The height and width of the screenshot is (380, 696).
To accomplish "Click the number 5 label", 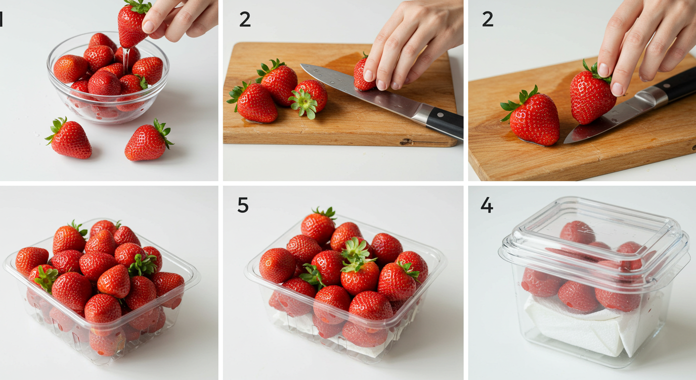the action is coord(243,205).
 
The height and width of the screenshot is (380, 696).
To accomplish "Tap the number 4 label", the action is coord(487,205).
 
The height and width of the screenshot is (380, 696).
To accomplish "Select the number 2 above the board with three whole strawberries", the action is coord(245,19).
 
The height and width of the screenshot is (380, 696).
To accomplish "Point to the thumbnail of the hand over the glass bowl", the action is coord(148,26).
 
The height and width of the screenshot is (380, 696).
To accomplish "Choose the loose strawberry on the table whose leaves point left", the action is coord(69,139).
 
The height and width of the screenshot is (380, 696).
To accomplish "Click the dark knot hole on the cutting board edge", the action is coord(406,142).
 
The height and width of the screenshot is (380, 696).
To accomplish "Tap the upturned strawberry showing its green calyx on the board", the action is coord(308,98).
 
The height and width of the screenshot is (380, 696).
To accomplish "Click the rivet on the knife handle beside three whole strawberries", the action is coord(440,115).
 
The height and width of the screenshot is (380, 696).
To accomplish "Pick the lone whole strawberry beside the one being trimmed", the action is coord(531,117).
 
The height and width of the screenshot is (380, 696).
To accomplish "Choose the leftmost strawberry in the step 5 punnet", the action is coord(277,265).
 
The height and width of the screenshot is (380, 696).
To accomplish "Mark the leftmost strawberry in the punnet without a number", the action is coord(32,261).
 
